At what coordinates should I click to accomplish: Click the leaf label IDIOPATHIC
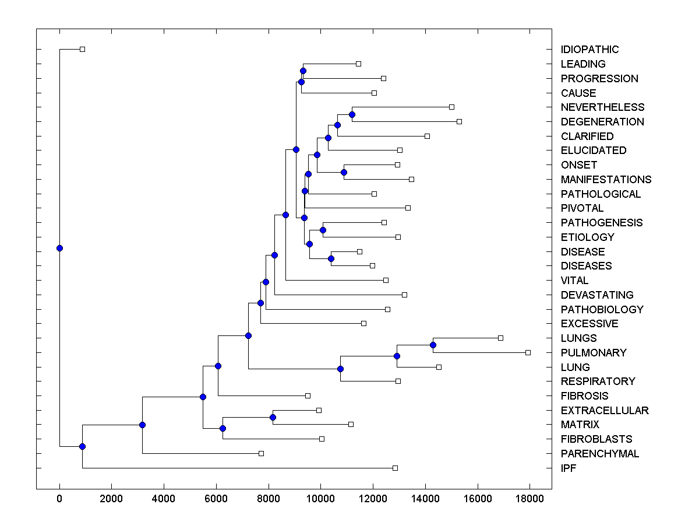[589, 50]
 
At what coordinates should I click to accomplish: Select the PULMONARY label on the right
[594, 353]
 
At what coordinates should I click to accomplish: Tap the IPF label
[569, 468]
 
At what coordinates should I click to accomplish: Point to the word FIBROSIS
[584, 396]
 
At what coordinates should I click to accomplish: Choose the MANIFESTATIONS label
[606, 180]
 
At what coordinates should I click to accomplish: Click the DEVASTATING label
[597, 295]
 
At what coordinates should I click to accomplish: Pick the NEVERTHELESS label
[602, 107]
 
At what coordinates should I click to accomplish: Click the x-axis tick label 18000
[529, 499]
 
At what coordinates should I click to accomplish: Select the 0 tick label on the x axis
[59, 499]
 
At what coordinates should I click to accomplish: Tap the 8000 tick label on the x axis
[269, 499]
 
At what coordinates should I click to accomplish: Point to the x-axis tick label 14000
[425, 499]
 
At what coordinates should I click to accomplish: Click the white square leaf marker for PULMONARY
[528, 352]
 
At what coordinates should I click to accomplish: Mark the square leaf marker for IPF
[395, 468]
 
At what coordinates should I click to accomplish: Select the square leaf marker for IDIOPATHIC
[82, 49]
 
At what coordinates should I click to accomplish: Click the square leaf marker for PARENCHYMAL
[261, 453]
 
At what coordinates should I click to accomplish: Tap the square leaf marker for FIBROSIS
[308, 395]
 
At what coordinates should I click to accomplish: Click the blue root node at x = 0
[59, 248]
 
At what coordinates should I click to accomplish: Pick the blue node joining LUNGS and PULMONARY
[433, 345]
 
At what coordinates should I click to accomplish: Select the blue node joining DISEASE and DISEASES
[331, 258]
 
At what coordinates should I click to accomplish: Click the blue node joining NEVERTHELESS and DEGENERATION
[352, 114]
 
